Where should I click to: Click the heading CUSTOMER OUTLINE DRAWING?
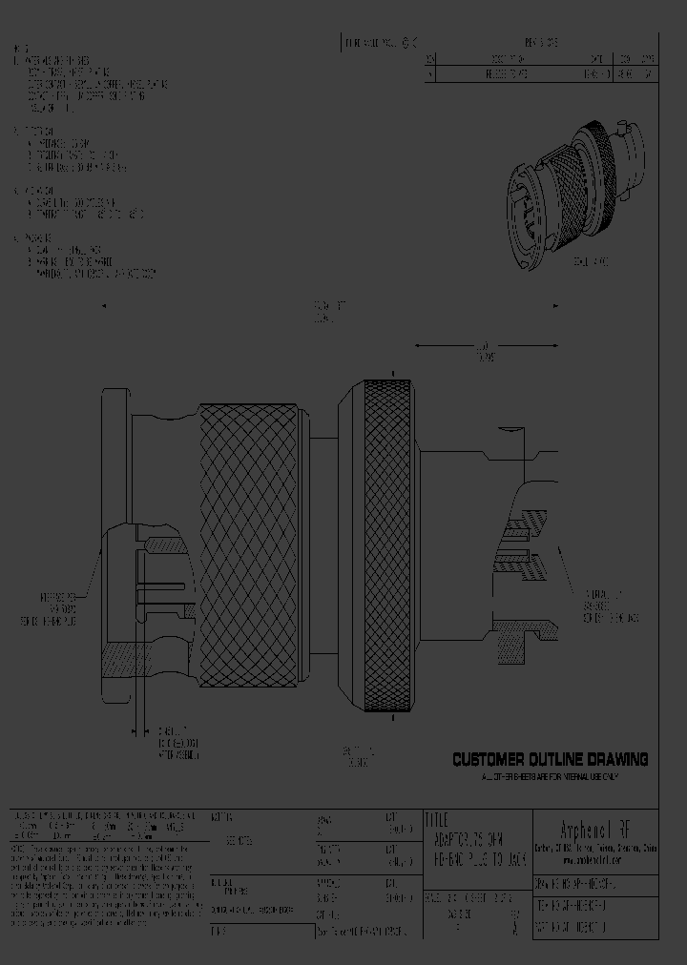point(550,760)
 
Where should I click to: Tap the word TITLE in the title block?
point(436,819)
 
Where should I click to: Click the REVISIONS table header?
point(541,43)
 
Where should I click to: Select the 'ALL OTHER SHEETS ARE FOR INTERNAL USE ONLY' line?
point(550,777)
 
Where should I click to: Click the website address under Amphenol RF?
point(595,855)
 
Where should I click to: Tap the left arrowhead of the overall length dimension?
point(104,306)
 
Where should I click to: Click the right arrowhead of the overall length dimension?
point(557,306)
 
